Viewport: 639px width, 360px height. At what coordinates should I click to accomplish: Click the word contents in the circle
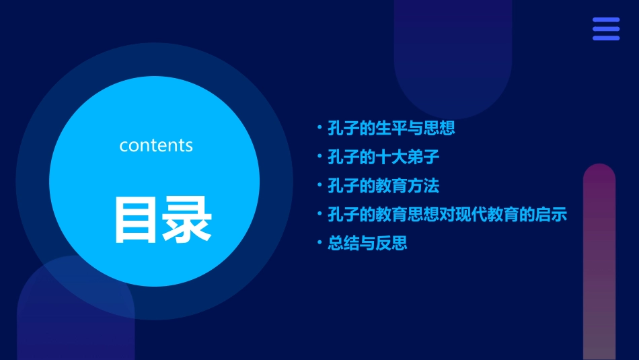coord(156,145)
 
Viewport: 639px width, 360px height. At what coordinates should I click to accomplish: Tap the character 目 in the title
coord(137,219)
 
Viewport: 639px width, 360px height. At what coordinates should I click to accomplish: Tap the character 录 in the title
coord(188,219)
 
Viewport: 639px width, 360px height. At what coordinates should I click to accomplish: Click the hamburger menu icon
coord(605,29)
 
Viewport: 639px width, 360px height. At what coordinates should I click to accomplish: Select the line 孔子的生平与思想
coord(391,128)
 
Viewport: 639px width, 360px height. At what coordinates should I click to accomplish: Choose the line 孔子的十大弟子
coord(383,157)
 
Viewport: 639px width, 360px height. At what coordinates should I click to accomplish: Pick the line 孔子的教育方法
coord(383,186)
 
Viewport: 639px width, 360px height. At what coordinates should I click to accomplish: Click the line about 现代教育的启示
coord(447,215)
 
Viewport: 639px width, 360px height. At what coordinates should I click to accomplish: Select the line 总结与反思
coord(367,243)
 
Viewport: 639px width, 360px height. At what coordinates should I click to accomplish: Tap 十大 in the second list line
coord(391,157)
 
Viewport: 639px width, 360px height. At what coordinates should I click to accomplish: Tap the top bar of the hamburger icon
coord(605,20)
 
